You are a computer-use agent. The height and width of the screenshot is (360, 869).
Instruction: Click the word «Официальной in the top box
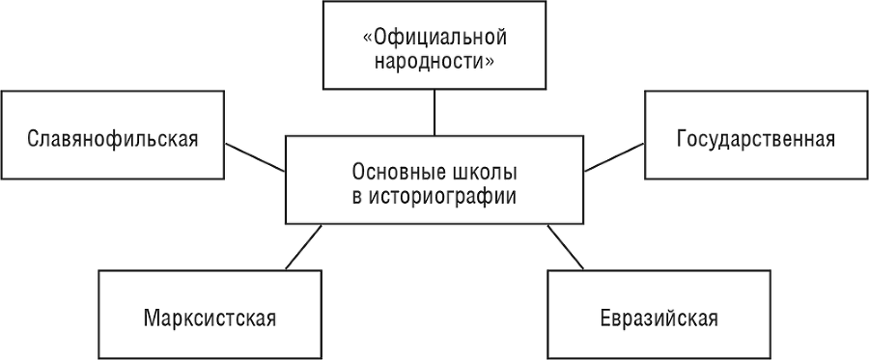pos(434,40)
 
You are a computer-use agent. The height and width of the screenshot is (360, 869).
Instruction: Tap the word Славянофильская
pos(113,138)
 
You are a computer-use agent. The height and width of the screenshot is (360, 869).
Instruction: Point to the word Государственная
pos(756,137)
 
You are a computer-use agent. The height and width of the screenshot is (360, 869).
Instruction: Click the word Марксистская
pos(208,318)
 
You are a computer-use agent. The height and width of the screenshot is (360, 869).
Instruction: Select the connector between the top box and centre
pos(434,111)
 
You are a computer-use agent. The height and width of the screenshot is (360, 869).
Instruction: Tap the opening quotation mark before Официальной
pos(367,40)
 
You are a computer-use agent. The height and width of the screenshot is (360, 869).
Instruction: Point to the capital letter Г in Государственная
pos(683,137)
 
